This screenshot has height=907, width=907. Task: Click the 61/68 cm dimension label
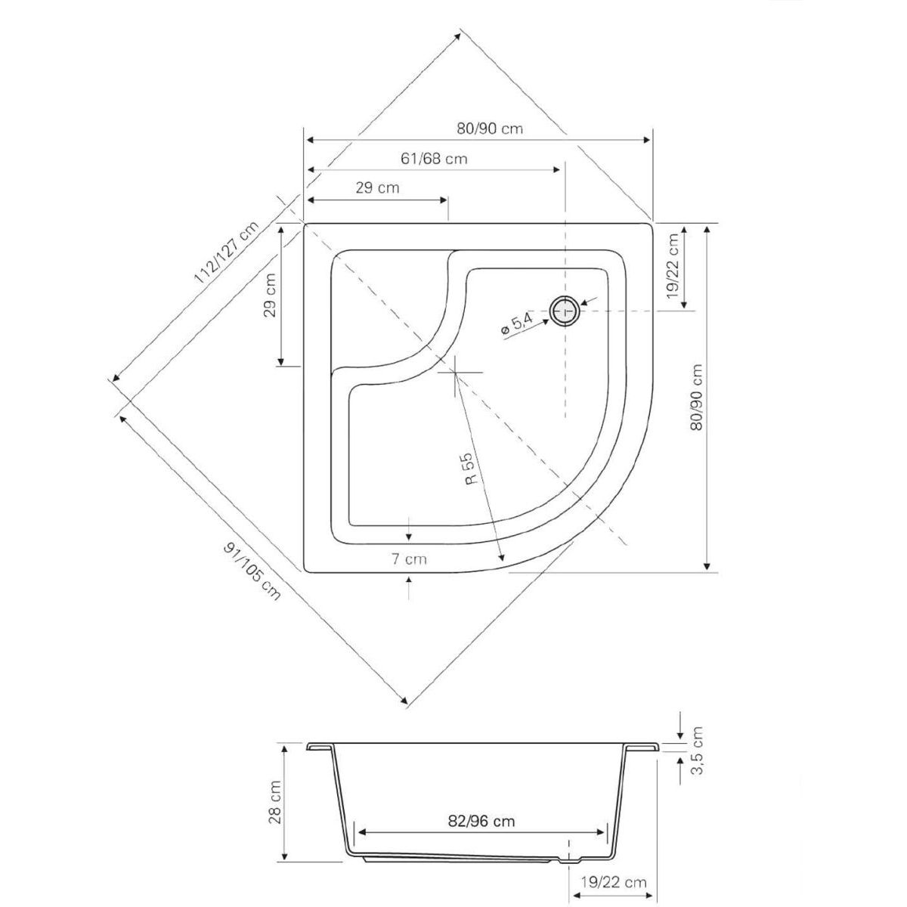click(434, 158)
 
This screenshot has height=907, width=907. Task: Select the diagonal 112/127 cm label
click(227, 252)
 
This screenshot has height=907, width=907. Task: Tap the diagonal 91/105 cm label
click(252, 571)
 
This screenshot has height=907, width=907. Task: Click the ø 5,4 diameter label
click(516, 324)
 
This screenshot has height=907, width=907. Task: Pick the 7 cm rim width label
click(409, 559)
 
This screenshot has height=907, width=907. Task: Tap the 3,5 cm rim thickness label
click(697, 757)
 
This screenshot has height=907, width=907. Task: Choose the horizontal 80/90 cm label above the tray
click(490, 128)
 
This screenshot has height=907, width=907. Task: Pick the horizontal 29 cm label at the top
click(377, 187)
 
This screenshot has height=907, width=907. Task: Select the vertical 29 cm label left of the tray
click(270, 295)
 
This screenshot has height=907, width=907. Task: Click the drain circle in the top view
click(564, 311)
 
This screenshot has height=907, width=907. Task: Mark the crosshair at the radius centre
click(455, 372)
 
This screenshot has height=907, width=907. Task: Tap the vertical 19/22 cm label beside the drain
click(673, 266)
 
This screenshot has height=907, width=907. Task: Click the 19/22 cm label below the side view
click(613, 881)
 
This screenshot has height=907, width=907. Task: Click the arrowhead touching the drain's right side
click(584, 303)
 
